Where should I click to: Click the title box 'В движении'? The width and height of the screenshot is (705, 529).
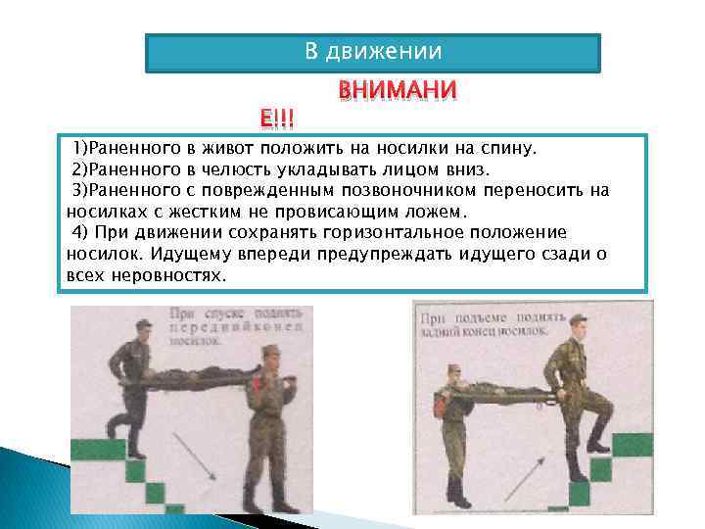(372, 52)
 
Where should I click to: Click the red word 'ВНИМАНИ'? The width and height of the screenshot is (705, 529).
(397, 91)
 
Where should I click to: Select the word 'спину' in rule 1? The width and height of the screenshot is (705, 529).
(507, 149)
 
